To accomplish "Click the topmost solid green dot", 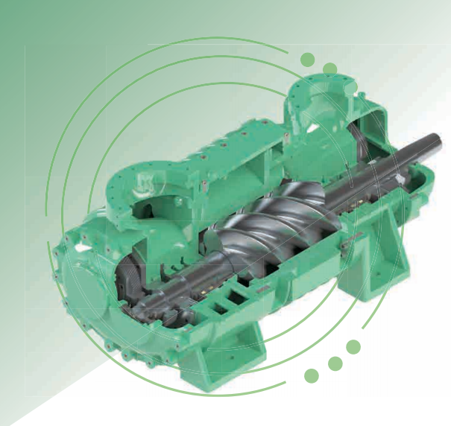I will point(308,60).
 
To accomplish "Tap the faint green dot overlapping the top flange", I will point(329,70).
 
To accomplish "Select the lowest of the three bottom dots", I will point(312,376).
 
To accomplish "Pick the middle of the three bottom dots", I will point(335,364).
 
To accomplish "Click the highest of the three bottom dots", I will point(353,347).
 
